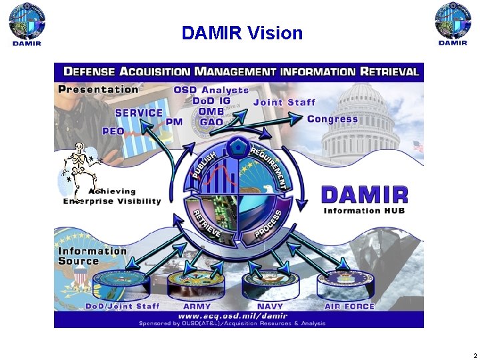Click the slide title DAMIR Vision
point(242,33)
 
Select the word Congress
point(332,119)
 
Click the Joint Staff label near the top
point(284,102)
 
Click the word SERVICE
point(139,113)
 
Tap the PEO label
point(112,131)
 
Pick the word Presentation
point(98,89)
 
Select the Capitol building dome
point(363,100)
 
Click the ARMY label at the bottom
point(197,307)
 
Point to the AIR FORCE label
point(349,307)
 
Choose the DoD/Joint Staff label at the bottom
point(122,307)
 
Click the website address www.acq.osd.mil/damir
point(233,315)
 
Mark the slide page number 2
point(474,355)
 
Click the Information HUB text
point(364,211)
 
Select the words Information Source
point(92,256)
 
